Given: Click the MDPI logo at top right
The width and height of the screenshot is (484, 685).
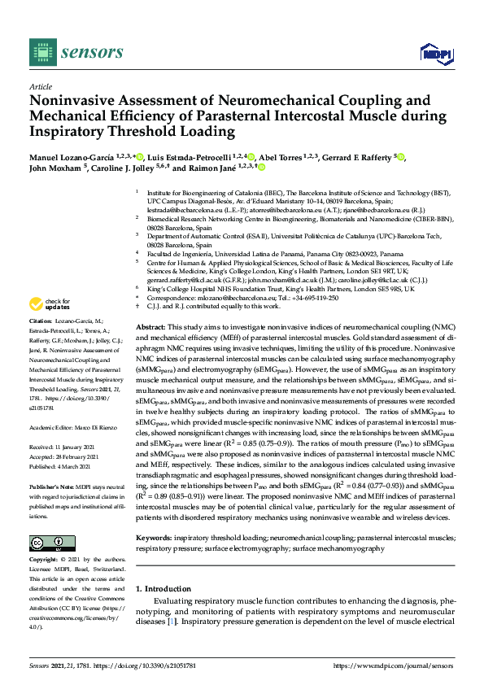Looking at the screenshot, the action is [x=435, y=54].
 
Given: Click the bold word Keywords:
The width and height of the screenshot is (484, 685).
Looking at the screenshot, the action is [x=155, y=539].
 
